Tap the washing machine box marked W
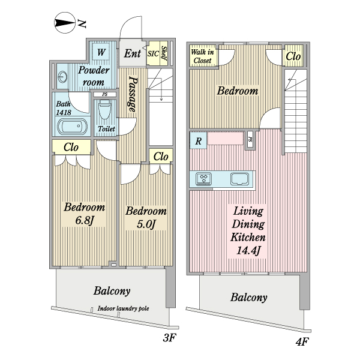pos(101,53)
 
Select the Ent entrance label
pos(132,53)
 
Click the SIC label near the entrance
pos(152,53)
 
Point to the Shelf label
pos(164,53)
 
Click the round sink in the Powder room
pos(63,77)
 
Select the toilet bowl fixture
pos(104,110)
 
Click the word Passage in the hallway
pos(132,95)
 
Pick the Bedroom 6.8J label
pos(85,215)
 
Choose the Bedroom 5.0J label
pos(145,218)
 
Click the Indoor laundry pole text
pos(123,310)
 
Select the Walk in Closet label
pos(202,56)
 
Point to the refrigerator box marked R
pos(197,141)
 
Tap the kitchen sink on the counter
pos(241,179)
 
